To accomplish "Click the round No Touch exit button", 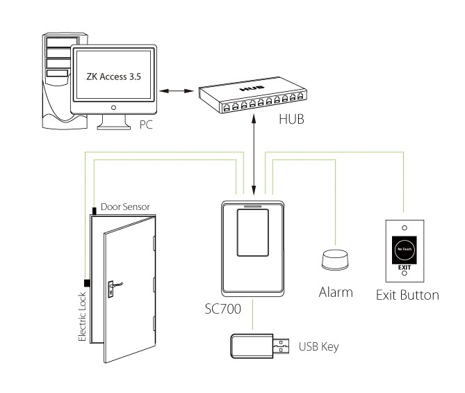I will (x=405, y=248).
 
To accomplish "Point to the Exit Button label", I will (x=407, y=295).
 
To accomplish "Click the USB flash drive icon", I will (x=258, y=344).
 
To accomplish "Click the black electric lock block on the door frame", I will (x=88, y=282).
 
